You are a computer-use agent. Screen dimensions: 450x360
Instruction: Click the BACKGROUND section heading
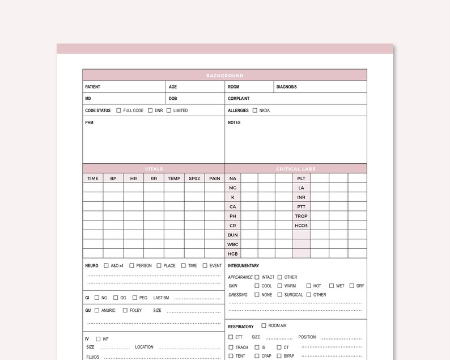coord(225,75)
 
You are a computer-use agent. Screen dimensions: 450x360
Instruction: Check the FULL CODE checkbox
coord(119,111)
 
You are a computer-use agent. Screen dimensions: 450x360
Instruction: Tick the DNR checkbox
coord(150,111)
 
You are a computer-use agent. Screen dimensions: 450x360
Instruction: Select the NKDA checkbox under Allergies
coord(255,111)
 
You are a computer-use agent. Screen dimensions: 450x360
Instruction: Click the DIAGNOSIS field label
coord(287,87)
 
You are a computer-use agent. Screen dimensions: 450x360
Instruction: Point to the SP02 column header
coord(194,179)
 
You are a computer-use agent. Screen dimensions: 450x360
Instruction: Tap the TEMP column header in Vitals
coord(174,179)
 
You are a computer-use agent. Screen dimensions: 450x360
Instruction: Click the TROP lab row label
coord(301,216)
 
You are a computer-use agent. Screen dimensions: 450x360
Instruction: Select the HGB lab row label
coord(233,253)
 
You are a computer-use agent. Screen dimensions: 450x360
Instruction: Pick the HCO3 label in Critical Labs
coord(301,226)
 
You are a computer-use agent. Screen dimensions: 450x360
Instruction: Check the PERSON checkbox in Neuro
coord(131,265)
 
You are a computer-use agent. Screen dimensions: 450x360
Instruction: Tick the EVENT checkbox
coord(205,265)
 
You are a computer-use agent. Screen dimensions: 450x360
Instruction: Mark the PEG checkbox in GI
coord(135,298)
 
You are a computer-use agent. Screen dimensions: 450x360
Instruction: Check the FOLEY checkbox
coord(125,310)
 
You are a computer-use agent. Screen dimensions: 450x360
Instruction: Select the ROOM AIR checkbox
coord(264,325)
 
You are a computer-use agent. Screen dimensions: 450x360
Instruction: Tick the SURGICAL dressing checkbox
coord(279,295)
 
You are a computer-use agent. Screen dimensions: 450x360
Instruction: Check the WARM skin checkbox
coord(279,286)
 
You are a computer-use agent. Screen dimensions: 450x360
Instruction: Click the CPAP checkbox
coord(257,356)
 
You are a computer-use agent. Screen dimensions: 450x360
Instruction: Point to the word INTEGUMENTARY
coord(244,265)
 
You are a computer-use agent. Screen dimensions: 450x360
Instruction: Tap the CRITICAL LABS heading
coord(296,169)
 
